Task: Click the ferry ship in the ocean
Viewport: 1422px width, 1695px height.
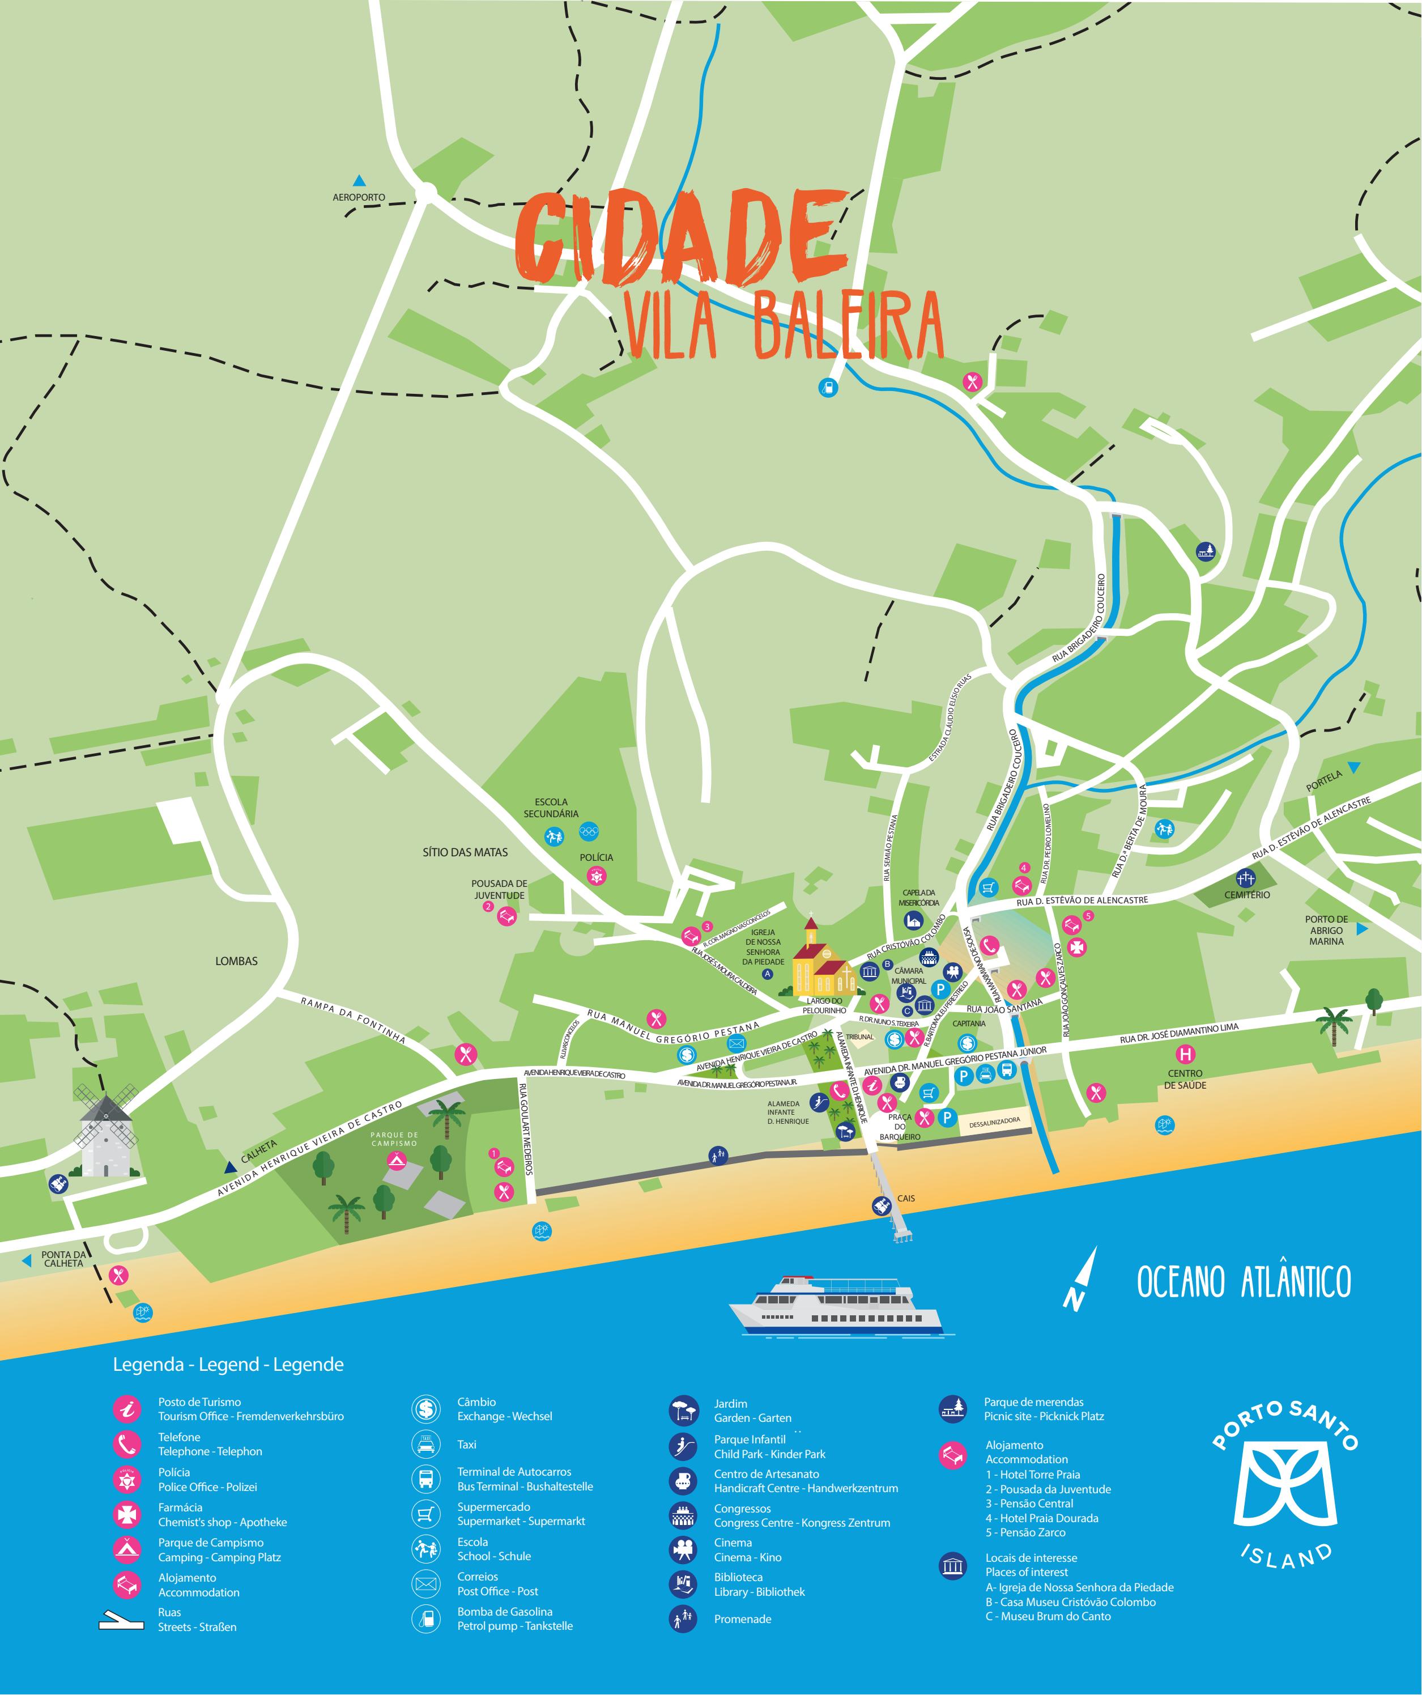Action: point(837,1303)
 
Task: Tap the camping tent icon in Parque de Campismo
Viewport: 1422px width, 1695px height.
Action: point(395,1161)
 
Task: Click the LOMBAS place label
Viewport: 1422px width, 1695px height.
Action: point(236,961)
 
